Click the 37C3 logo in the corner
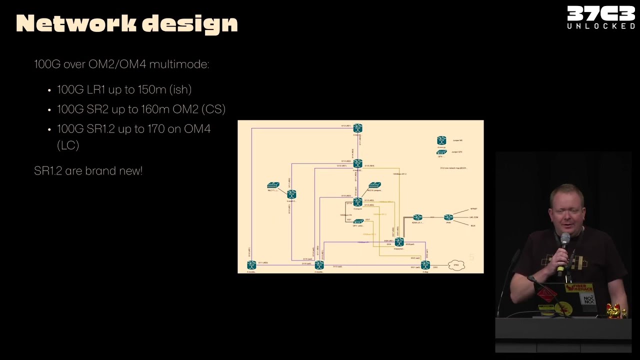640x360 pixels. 600,17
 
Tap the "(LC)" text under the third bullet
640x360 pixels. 68,145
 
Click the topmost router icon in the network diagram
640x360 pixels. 357,128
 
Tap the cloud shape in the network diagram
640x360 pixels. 456,265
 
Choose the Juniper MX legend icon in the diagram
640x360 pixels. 441,140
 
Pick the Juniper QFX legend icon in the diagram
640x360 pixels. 441,152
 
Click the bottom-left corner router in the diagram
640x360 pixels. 251,265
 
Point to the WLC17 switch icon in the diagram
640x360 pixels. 273,185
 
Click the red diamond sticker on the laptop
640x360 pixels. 546,295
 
